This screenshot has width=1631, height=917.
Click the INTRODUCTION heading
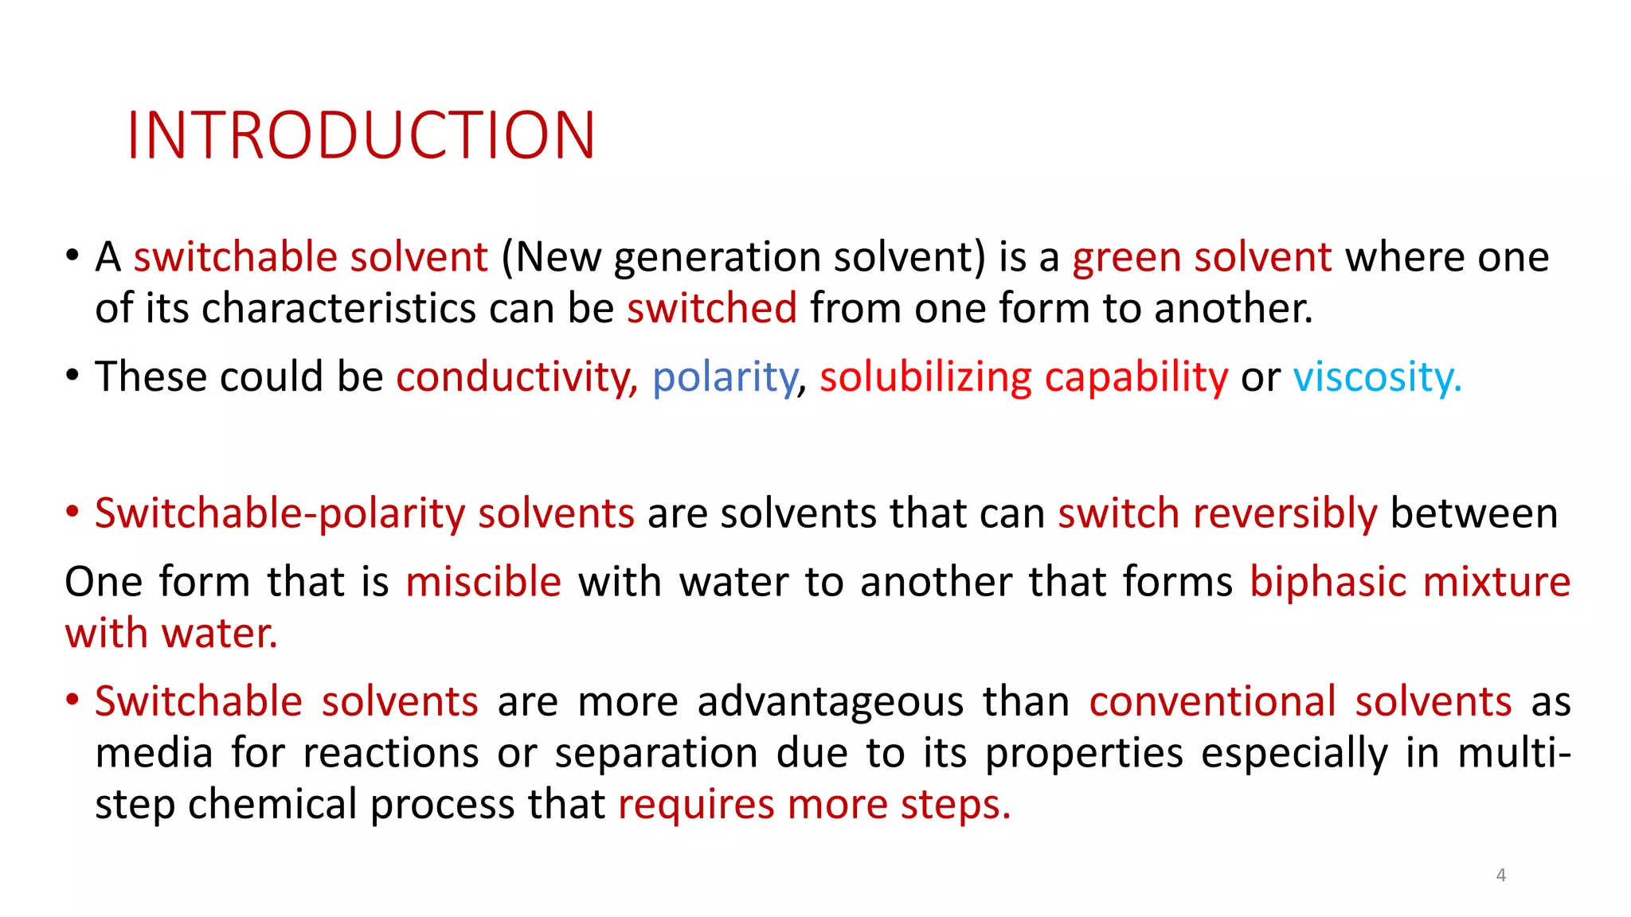click(361, 136)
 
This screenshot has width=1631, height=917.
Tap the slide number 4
click(1500, 875)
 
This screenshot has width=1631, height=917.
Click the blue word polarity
click(724, 377)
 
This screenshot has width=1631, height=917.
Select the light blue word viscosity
click(1377, 377)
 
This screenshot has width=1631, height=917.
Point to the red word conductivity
click(514, 377)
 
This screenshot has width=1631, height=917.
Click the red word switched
click(711, 309)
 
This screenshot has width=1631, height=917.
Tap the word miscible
click(483, 582)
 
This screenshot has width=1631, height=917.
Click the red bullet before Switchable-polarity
click(72, 513)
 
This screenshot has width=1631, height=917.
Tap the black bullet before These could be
click(72, 375)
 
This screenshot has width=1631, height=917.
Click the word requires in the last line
click(695, 805)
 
